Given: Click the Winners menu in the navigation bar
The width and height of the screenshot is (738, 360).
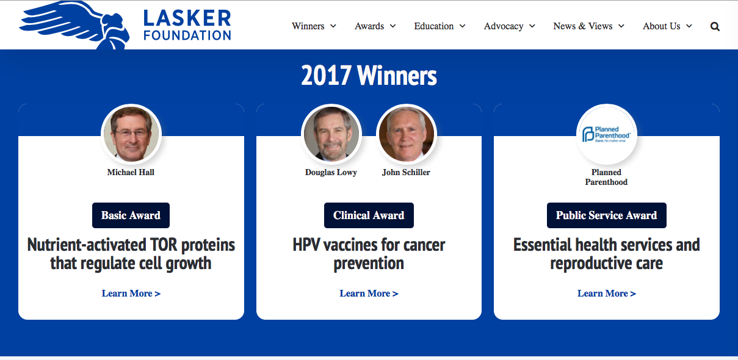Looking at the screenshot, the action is (314, 26).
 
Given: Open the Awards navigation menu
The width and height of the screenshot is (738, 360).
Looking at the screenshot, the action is (375, 26).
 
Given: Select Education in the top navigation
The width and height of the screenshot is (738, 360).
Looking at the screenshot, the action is (440, 26).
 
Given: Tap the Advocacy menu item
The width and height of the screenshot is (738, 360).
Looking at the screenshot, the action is (509, 26).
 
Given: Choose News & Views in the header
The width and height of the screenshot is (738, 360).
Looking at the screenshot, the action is (589, 26).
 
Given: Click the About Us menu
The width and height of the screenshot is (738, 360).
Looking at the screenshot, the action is (667, 26).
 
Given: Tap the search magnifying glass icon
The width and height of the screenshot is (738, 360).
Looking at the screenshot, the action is (715, 26).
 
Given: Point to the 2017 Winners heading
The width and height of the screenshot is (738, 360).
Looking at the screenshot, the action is (369, 76).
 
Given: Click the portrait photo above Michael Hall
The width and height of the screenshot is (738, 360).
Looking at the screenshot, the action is (131, 134).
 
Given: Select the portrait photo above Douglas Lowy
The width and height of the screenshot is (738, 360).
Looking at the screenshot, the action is (331, 134).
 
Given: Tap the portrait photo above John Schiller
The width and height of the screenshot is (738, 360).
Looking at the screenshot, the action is (406, 134).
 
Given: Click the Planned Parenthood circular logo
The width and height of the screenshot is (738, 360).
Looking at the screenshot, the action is (607, 134).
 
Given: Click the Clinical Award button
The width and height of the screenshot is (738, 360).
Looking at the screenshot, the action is (369, 215).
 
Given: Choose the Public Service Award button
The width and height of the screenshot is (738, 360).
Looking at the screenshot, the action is (607, 215).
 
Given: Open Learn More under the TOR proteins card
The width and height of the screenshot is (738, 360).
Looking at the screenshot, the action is (131, 293).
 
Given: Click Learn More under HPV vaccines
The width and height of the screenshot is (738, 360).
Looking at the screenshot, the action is (369, 293).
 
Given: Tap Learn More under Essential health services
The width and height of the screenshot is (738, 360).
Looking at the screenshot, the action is (607, 293).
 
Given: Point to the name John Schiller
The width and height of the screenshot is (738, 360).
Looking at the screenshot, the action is (406, 172).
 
